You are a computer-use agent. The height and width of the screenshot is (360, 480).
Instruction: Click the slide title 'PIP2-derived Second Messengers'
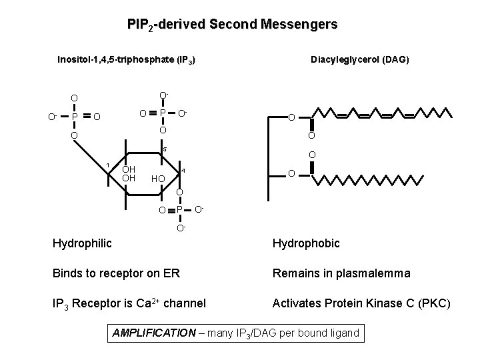(232, 25)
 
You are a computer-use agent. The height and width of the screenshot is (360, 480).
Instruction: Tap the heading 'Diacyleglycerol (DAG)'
(360, 60)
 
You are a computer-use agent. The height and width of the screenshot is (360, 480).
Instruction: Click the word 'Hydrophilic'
(82, 243)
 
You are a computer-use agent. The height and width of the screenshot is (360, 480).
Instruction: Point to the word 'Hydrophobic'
(305, 243)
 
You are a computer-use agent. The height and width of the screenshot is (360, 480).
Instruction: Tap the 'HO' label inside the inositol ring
(158, 179)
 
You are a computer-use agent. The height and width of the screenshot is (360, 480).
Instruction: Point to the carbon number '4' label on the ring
(183, 171)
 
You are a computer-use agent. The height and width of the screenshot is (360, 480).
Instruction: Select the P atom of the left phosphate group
(75, 117)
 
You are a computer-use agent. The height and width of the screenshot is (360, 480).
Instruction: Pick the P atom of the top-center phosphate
(161, 113)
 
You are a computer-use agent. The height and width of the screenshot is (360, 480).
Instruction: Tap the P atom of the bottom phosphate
(179, 211)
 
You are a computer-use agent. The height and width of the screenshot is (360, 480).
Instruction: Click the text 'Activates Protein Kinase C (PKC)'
(361, 305)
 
